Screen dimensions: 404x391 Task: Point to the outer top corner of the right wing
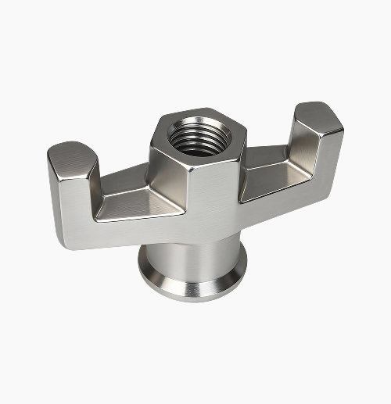pyautogui.click(x=338, y=117)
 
